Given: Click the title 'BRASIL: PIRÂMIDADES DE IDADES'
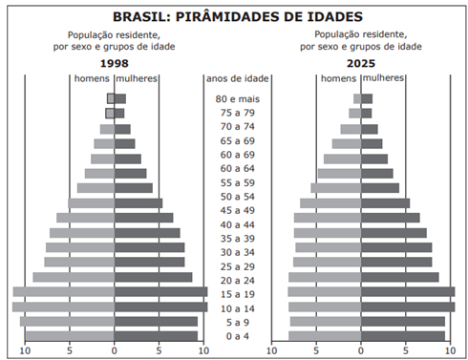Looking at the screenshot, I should (x=238, y=16).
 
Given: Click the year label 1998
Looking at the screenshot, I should (x=115, y=63).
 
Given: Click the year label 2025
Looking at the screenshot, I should (x=361, y=63).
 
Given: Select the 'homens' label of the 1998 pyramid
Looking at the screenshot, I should (x=93, y=78).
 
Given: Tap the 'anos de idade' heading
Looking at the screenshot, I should (x=236, y=79).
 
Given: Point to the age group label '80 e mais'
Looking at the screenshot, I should (x=237, y=98).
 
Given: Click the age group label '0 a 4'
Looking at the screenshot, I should (x=237, y=336).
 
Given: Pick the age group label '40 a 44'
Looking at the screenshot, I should (x=237, y=224).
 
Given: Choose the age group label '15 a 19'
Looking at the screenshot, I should (x=237, y=294).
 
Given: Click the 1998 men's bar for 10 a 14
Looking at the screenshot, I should (x=63, y=307).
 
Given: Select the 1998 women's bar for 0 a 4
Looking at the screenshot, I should (x=156, y=335).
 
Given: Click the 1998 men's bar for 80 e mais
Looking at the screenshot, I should (x=111, y=98).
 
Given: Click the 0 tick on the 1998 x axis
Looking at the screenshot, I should (x=115, y=350).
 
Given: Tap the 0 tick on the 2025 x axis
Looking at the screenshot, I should (x=361, y=350).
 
